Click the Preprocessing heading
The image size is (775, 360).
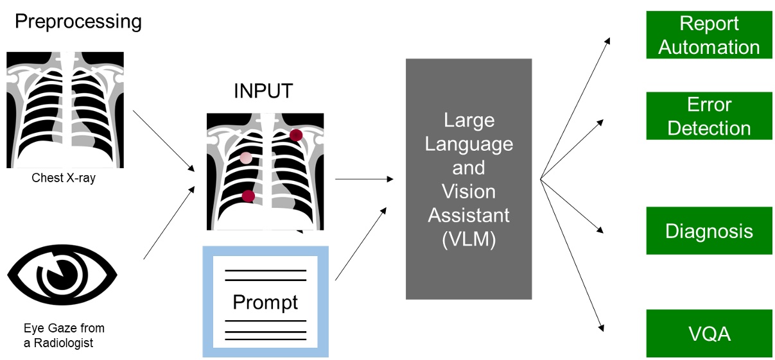pos(78,21)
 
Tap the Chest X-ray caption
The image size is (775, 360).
pos(64,178)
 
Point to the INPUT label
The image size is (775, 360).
pos(263,91)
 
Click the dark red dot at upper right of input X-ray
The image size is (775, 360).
pos(295,135)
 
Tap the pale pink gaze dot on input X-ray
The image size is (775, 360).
pos(246,157)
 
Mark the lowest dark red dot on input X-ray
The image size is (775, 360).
pos(248,196)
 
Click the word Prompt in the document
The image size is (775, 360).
pos(265,302)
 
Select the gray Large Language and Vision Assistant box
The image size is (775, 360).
pos(468,178)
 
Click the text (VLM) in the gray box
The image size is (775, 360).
pos(468,239)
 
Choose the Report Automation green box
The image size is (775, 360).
pos(709,35)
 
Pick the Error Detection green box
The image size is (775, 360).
pos(709,116)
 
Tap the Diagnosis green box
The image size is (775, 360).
pos(709,231)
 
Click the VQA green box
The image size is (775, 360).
pos(709,334)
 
